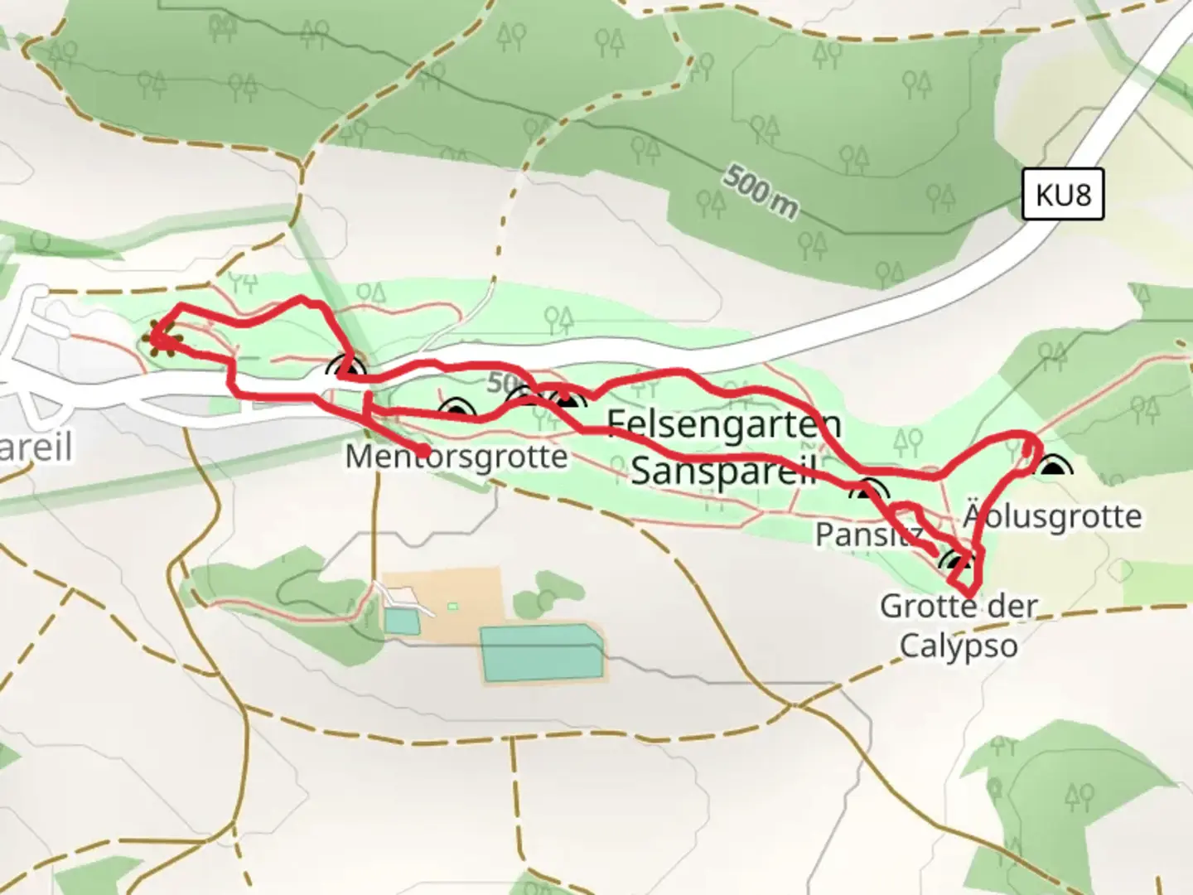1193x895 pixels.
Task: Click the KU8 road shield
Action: coord(1063,195)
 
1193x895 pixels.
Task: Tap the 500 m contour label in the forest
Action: coord(761,192)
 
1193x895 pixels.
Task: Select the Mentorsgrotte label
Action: coord(456,457)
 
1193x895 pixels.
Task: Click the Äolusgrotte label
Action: coord(1052,516)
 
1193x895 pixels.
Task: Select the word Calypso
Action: coord(959,646)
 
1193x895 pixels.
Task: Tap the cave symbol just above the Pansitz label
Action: coord(867,491)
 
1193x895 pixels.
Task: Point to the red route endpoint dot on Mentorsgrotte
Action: coord(423,450)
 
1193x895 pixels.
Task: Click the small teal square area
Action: coord(402,622)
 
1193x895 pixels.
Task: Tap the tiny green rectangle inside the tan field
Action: coord(452,606)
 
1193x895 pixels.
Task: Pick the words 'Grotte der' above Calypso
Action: coord(959,607)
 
